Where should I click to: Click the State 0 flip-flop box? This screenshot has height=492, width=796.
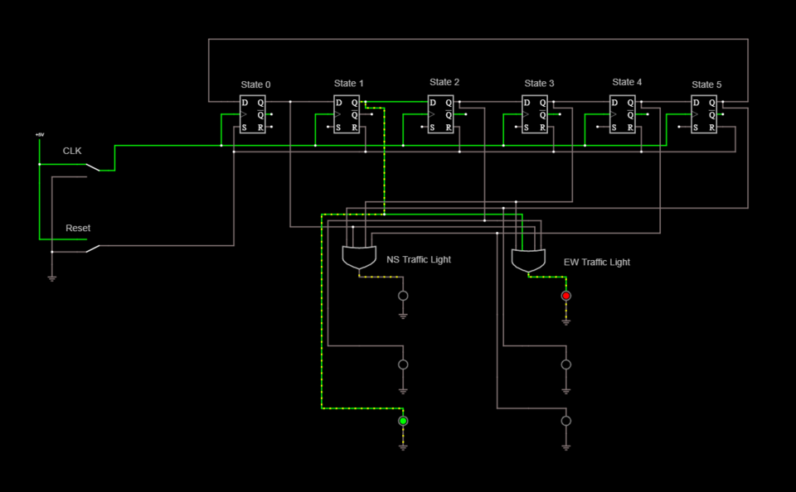coord(252,114)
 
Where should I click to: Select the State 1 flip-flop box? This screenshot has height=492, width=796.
coord(347,114)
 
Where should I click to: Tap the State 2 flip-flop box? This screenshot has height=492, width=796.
coord(440,114)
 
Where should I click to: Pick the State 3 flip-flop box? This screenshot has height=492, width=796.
coord(535,114)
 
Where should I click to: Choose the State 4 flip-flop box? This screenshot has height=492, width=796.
coord(623,114)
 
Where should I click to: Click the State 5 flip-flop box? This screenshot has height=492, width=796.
coord(705,114)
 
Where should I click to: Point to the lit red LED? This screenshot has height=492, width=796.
coord(566,296)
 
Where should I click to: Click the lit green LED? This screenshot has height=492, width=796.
coord(403,421)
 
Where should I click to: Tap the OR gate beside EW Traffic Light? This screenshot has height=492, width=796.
coord(528,261)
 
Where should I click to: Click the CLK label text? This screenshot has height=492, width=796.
coord(73,152)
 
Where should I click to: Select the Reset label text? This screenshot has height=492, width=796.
coord(78,228)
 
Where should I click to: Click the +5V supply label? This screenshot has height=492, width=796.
coord(39,134)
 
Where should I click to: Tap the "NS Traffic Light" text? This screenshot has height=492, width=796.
coord(419,259)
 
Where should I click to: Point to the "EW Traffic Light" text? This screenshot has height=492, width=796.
coord(597,262)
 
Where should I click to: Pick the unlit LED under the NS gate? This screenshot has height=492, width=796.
coord(403,296)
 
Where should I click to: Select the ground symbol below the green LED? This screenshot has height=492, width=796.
coord(403,446)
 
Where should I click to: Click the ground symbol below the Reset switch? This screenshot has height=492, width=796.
coord(51,278)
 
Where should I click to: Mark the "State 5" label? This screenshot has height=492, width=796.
coord(706,84)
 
